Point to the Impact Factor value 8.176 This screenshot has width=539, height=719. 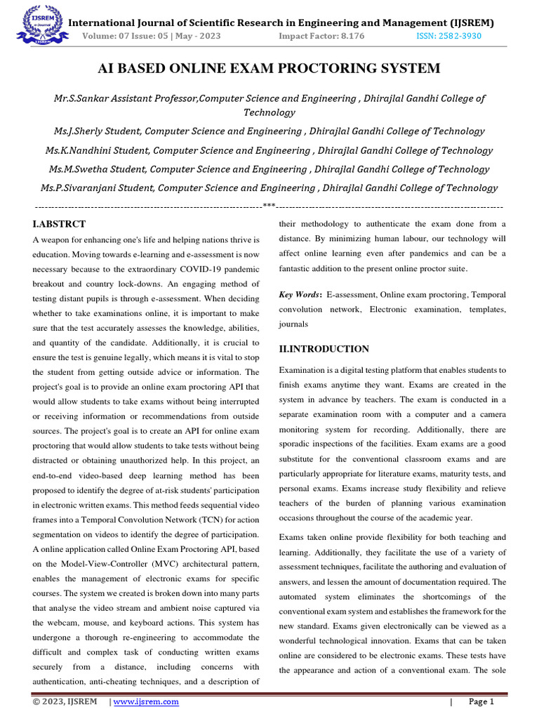[349, 36]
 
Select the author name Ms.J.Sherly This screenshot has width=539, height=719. [80, 131]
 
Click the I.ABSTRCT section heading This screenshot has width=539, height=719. [59, 224]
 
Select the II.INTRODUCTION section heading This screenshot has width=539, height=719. [324, 349]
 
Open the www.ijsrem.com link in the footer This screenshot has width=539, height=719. [146, 701]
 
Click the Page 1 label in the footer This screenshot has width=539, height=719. [481, 701]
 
